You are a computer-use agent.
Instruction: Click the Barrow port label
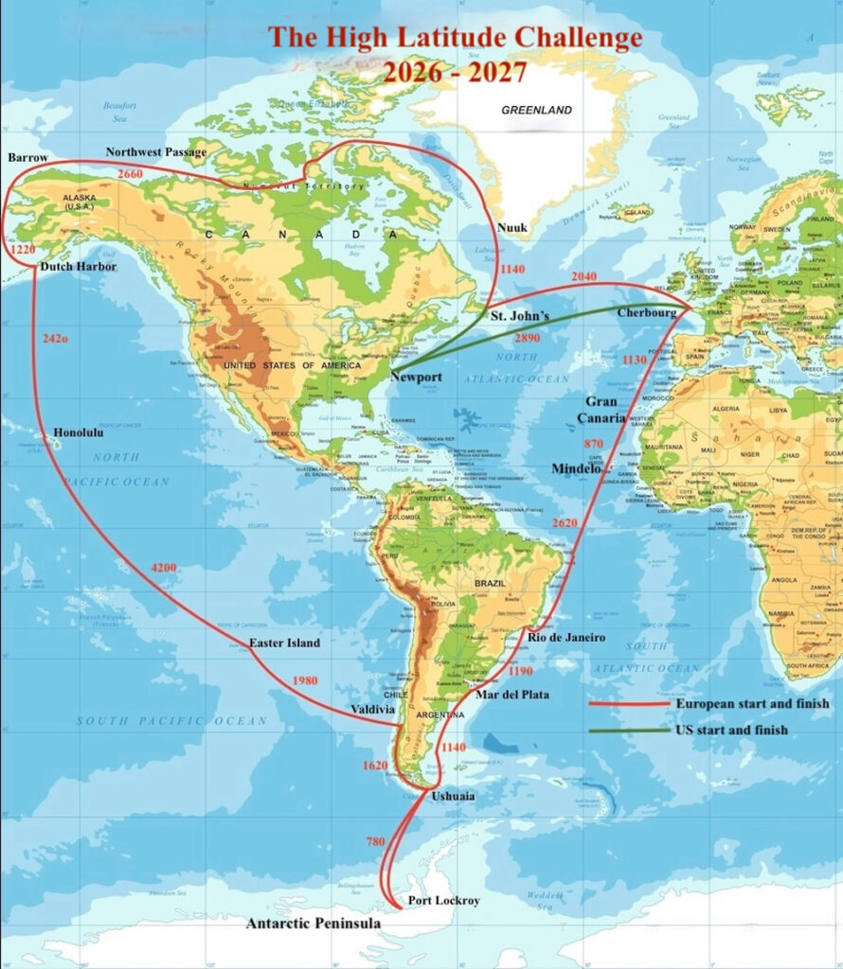coord(27,158)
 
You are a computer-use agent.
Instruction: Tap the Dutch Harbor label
coord(79,268)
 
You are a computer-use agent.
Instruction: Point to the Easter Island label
coord(284,643)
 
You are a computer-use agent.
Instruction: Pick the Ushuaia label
coord(453,797)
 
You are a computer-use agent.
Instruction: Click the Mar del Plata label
coord(511,695)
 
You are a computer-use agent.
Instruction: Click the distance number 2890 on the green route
coord(527,339)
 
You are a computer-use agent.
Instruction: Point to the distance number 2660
coord(130,174)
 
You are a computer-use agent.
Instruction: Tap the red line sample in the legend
coord(624,704)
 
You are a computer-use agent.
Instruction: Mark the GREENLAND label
coord(536,110)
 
